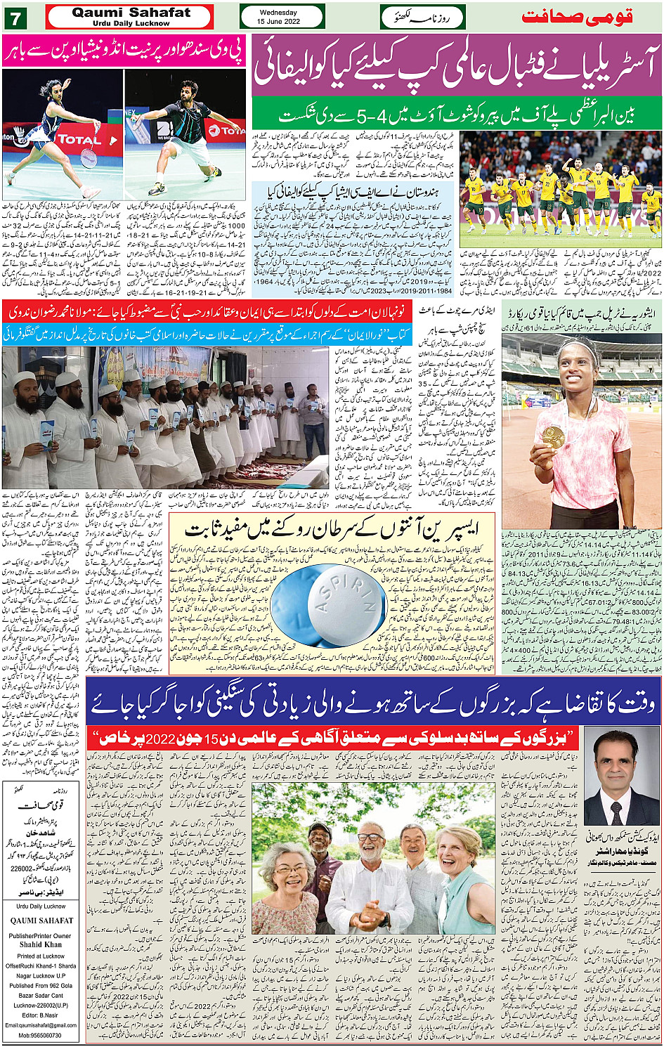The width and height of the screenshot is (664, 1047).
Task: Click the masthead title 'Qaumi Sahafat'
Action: click(131, 13)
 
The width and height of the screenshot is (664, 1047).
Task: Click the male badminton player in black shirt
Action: click(184, 134)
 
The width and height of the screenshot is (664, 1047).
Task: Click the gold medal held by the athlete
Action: click(554, 436)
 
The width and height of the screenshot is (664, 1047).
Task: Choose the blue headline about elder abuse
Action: click(372, 705)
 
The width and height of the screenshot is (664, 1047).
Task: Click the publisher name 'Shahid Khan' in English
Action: click(41, 944)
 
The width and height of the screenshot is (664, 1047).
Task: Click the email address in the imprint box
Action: click(41, 1025)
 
